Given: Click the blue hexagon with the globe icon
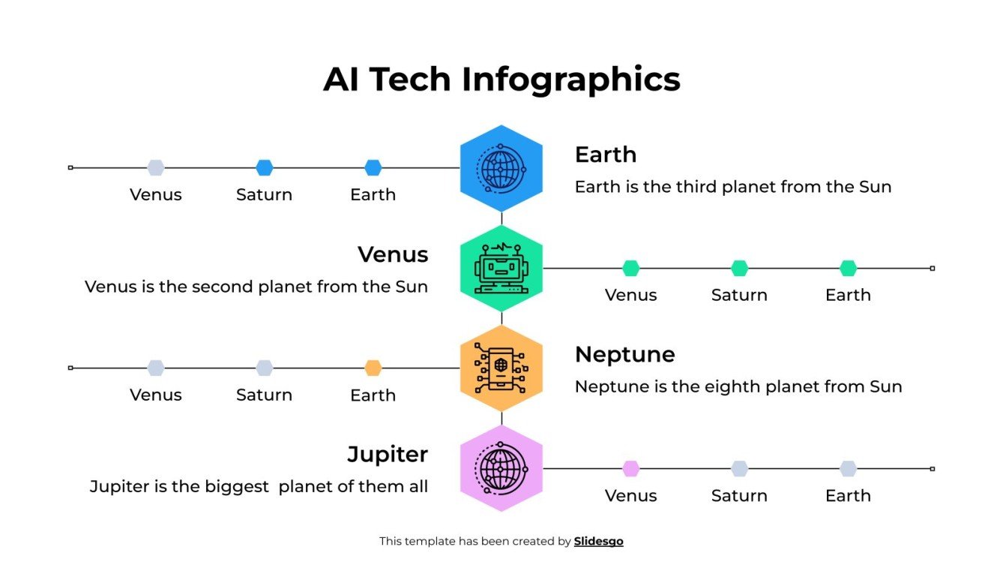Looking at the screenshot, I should [x=501, y=168].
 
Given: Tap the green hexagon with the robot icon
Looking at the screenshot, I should [x=501, y=268].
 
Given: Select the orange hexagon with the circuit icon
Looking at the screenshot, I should [x=501, y=368].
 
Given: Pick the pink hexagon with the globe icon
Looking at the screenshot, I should [x=501, y=468].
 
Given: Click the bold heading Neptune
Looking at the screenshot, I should [x=624, y=354].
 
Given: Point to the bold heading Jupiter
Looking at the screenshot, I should [x=388, y=454].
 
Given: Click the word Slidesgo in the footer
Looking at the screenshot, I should [x=598, y=541].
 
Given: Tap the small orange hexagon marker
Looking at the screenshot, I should [x=373, y=368].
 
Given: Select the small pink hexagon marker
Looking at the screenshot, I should [x=631, y=468].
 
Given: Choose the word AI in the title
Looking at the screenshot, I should [x=341, y=80].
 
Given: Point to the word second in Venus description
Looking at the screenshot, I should [x=223, y=287].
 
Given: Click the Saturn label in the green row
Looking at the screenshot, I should [x=739, y=295].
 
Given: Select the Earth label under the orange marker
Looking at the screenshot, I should [x=373, y=395].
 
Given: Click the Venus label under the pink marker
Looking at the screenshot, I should [x=631, y=496].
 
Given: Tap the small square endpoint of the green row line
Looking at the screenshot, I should [x=932, y=268].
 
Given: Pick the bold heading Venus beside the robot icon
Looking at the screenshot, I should [x=393, y=254].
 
